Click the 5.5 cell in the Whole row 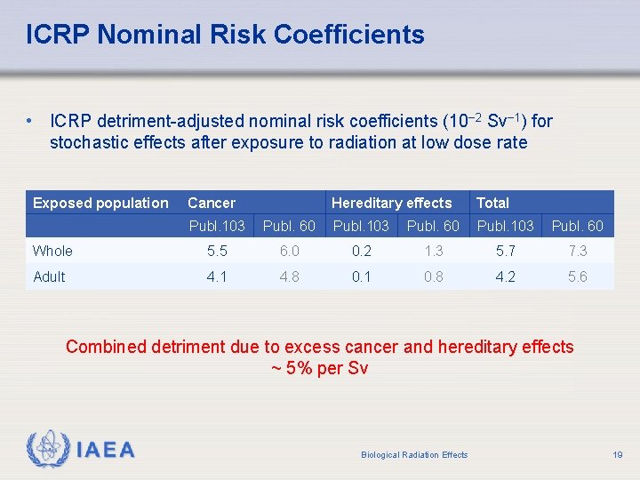[217, 252]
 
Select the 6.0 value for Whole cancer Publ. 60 [289, 252]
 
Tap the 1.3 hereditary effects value [434, 252]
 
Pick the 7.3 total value [577, 252]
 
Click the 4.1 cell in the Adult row [217, 276]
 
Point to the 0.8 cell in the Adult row [434, 276]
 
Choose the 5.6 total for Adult [577, 276]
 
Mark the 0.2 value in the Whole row [361, 252]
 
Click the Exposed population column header [100, 203]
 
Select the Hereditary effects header [391, 203]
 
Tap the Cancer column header [212, 203]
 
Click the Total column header [493, 203]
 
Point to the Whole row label [52, 252]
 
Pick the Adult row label [49, 276]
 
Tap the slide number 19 [617, 454]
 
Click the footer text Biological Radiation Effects [414, 455]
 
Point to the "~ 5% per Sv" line [319, 368]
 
